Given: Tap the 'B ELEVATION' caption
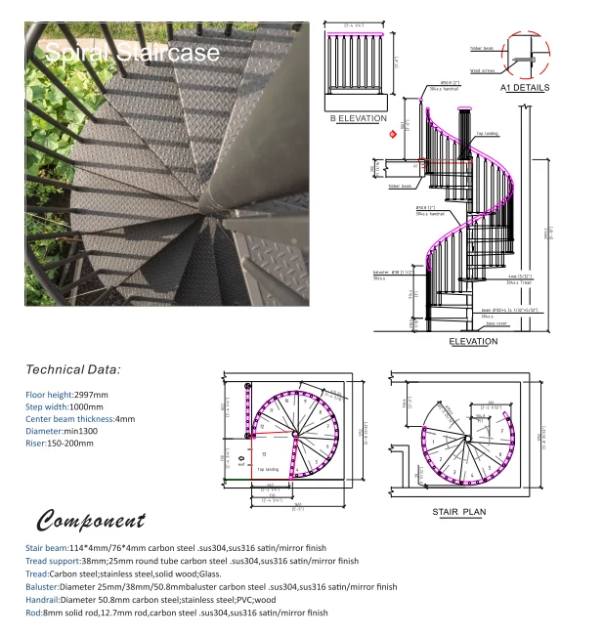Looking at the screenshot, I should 358,118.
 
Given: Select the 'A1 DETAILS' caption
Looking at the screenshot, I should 525,87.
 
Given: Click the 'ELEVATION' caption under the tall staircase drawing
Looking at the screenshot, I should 473,342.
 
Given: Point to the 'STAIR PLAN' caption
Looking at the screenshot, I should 458,511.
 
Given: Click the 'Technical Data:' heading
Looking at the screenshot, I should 73,370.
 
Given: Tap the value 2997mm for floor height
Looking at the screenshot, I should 90,395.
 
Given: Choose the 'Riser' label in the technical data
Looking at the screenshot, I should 36,443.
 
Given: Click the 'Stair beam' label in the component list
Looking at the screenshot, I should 47,549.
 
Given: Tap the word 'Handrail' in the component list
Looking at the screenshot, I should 45,600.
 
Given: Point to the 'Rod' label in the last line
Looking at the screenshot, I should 33,613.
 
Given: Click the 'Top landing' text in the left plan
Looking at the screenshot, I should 268,470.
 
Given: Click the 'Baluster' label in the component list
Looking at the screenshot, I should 44,587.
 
